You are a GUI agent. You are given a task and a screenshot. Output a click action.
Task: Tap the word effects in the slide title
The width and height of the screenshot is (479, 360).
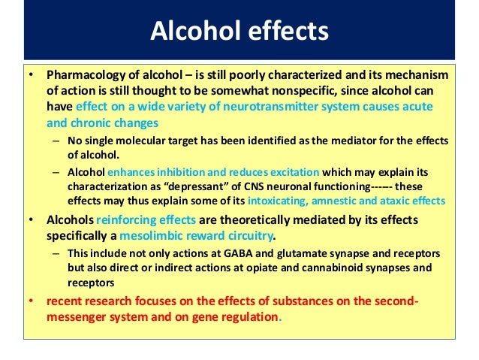coord(285,32)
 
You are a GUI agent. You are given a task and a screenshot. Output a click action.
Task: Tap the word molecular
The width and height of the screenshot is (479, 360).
coord(152,141)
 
